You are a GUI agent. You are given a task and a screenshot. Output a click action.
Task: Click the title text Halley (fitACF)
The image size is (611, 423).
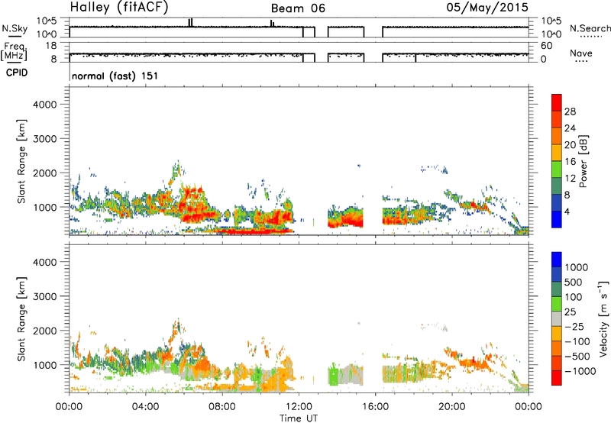click(x=119, y=7)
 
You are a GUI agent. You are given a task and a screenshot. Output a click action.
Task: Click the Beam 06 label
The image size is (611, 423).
click(x=298, y=8)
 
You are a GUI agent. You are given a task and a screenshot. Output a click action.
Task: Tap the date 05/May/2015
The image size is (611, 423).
click(x=487, y=8)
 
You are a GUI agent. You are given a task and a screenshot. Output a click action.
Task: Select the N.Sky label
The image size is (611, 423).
click(x=15, y=29)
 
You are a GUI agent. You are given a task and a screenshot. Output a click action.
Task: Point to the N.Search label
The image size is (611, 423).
click(x=590, y=28)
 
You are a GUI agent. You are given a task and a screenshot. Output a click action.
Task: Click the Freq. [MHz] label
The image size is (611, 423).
click(x=14, y=52)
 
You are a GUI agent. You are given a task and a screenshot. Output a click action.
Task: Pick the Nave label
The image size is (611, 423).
click(x=581, y=53)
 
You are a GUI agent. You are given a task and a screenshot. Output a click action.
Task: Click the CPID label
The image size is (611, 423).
click(x=17, y=73)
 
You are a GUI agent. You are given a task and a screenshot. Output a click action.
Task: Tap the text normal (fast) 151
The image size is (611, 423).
click(x=115, y=76)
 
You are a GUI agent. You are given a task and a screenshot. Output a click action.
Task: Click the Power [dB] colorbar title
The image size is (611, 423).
click(x=583, y=161)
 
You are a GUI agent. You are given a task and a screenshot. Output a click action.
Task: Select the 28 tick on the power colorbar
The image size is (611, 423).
click(x=570, y=111)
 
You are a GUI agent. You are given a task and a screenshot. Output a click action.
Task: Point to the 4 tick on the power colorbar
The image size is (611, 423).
click(x=567, y=211)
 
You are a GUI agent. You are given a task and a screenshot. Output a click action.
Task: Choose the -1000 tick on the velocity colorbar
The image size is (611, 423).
click(x=580, y=371)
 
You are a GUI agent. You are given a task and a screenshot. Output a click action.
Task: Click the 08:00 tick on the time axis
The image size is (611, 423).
click(x=222, y=407)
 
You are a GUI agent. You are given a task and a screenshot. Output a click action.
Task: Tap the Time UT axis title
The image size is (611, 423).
click(x=299, y=418)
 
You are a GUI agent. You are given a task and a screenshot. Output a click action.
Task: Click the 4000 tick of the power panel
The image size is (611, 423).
click(x=45, y=105)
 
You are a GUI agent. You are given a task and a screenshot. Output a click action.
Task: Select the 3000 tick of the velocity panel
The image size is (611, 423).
click(x=45, y=296)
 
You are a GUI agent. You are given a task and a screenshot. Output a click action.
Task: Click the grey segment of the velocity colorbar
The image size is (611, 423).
click(x=557, y=312)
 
